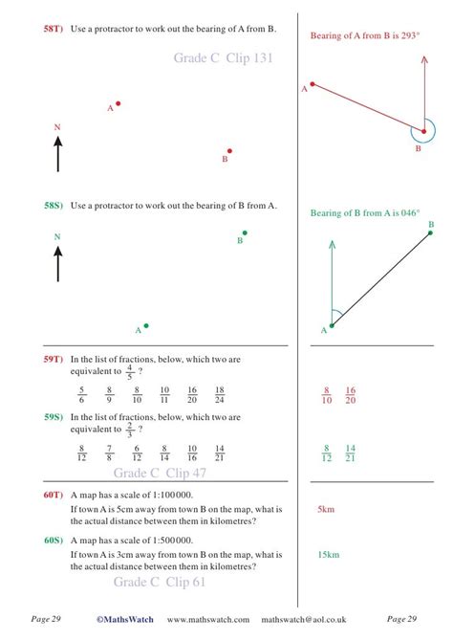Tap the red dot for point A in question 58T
(119, 103)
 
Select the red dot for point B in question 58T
(229, 150)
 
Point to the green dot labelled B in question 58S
(245, 232)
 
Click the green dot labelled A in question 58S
(145, 325)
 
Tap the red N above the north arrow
(57, 127)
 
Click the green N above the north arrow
(57, 236)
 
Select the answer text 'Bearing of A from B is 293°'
(366, 35)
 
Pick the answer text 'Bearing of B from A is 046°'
(365, 213)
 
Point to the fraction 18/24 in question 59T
(220, 395)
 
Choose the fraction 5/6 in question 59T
(82, 395)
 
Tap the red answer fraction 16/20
(351, 395)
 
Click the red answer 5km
(325, 510)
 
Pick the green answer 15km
(328, 554)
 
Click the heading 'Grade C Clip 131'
(224, 58)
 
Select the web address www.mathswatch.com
(208, 619)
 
